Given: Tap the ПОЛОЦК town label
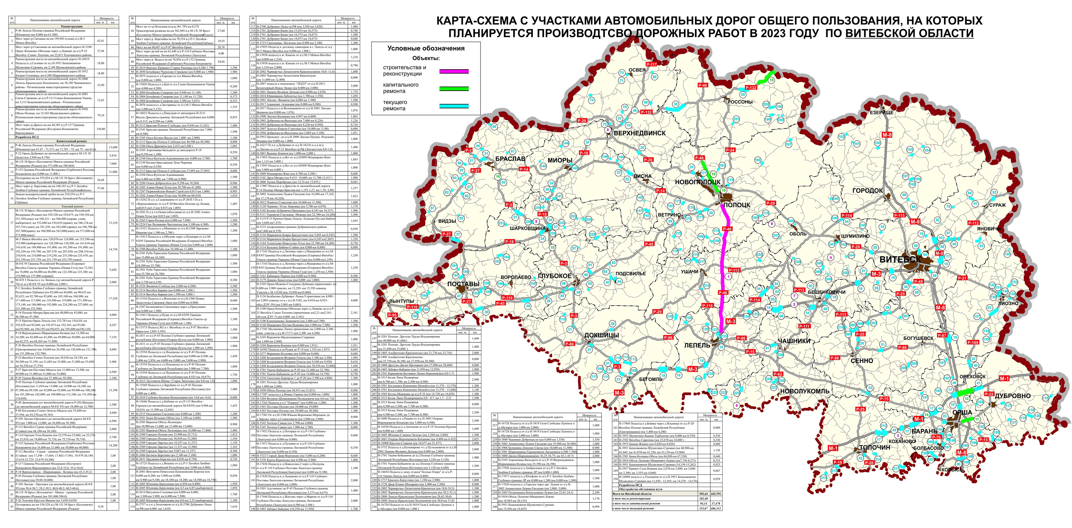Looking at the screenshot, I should pyautogui.click(x=737, y=205).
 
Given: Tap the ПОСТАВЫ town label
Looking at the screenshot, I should pyautogui.click(x=463, y=284).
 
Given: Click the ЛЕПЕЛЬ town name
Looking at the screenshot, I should pyautogui.click(x=697, y=345).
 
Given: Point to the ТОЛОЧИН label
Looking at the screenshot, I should pyautogui.click(x=875, y=447).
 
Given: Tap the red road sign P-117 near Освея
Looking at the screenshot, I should pyautogui.click(x=651, y=64).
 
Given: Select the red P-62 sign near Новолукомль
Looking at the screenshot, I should pyautogui.click(x=778, y=374).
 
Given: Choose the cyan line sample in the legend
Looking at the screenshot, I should pyautogui.click(x=454, y=106).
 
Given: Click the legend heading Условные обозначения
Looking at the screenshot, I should pyautogui.click(x=426, y=48).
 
